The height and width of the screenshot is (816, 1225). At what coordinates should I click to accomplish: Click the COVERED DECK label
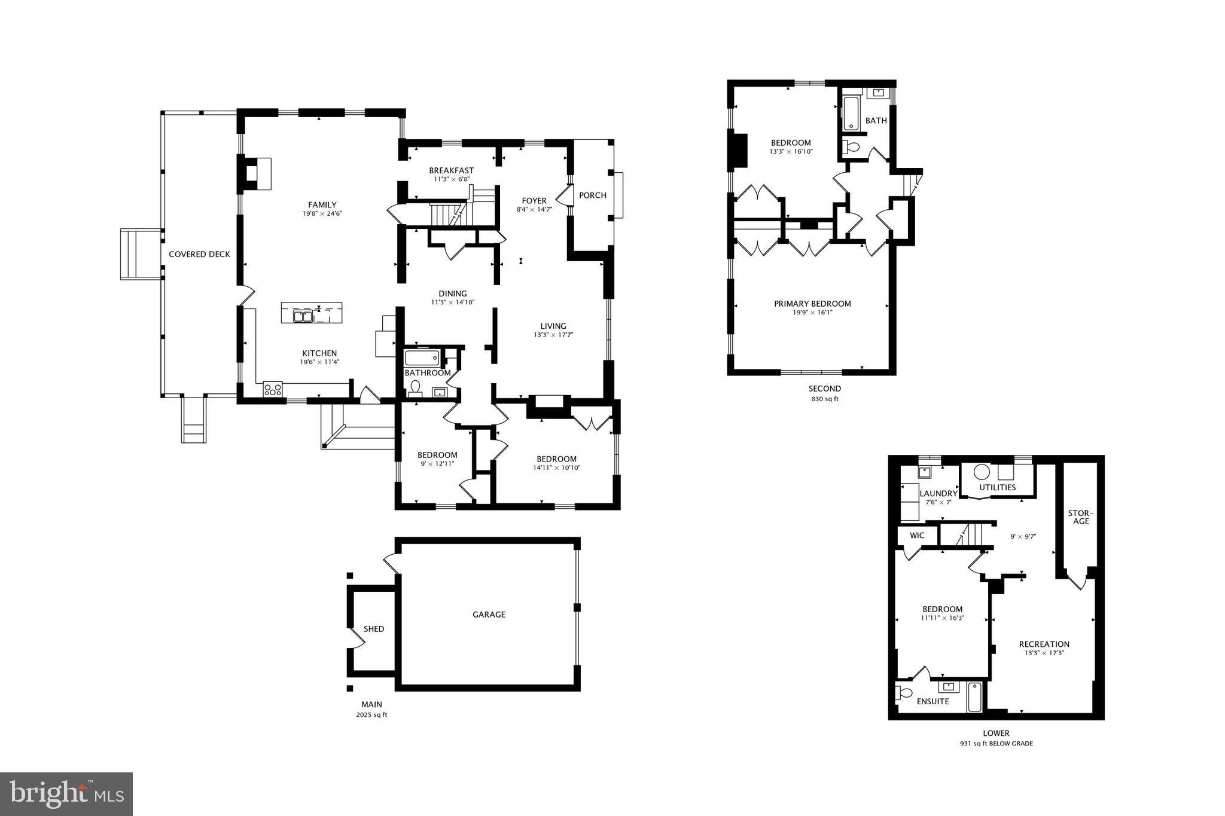(199, 254)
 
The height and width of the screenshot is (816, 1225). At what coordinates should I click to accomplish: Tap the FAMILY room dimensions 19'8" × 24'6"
(322, 214)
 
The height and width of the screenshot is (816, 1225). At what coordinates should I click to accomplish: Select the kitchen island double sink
(303, 316)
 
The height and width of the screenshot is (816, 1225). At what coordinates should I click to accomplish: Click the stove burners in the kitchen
(273, 389)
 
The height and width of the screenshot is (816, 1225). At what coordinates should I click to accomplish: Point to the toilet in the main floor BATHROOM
(415, 388)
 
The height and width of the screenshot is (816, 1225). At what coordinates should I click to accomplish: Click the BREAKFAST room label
(451, 170)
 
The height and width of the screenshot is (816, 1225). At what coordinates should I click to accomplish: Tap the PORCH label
(592, 195)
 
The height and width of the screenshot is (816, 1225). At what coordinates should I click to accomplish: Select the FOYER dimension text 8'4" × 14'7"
(534, 210)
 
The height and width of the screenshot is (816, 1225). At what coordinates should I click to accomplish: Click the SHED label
(374, 629)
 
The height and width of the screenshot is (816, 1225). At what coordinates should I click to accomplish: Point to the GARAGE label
(489, 615)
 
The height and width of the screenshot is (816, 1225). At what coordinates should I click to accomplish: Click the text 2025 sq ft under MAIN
(371, 715)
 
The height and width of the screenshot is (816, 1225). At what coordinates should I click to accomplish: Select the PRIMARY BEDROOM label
(812, 304)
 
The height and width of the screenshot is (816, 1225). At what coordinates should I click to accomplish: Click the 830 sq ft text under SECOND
(825, 399)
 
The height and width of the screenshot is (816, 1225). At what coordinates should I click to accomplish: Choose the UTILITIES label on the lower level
(997, 487)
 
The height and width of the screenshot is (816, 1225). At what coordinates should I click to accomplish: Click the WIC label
(917, 536)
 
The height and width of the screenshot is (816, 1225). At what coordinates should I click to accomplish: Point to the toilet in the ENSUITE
(904, 693)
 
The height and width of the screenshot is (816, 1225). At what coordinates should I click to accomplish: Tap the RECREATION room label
(1044, 644)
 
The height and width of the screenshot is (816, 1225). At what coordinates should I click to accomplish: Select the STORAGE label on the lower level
(1081, 518)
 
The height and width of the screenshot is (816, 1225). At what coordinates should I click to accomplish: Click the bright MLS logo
(66, 794)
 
